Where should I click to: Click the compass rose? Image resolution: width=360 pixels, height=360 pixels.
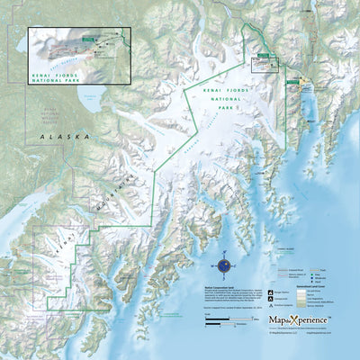[x=224, y=265]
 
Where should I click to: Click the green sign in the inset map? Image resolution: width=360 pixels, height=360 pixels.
[x=86, y=38]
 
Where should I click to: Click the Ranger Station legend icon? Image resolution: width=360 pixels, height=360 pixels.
[x=270, y=293]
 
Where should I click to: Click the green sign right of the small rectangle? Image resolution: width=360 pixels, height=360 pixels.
[x=294, y=78]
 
